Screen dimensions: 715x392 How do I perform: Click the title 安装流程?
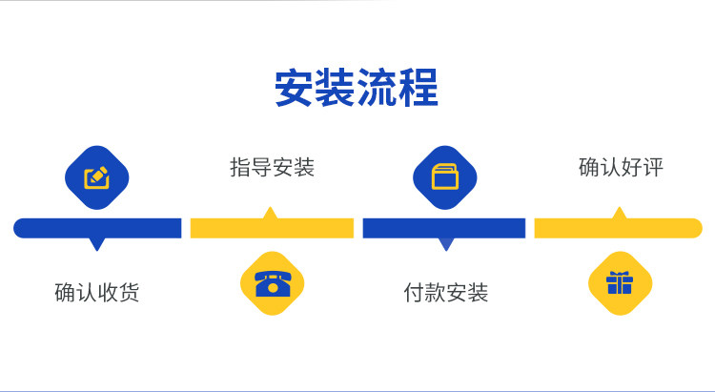[357, 87]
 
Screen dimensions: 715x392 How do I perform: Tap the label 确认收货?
[96, 293]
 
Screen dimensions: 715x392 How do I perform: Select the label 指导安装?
[273, 167]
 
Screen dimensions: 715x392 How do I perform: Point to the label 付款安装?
[446, 293]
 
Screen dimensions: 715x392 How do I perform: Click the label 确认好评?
[621, 167]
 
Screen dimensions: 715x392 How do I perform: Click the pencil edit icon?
[96, 177]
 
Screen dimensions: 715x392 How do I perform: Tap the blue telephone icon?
[273, 284]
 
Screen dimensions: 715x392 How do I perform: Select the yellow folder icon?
[445, 176]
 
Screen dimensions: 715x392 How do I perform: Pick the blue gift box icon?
[620, 283]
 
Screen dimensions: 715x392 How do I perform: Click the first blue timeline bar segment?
[97, 228]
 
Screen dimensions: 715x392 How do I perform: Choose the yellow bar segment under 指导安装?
[272, 228]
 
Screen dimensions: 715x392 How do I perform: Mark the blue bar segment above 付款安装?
[444, 228]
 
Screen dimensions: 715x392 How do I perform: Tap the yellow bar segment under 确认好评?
[619, 228]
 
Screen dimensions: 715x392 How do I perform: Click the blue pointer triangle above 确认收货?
[96, 243]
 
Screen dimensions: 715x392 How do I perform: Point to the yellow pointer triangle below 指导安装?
[271, 213]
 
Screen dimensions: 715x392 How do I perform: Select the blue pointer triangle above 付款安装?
[446, 243]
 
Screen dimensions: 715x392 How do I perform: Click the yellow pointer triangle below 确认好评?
[620, 213]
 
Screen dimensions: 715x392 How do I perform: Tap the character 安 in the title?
[294, 87]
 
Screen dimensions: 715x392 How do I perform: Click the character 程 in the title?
[419, 87]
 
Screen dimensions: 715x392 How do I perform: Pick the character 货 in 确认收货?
[129, 293]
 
